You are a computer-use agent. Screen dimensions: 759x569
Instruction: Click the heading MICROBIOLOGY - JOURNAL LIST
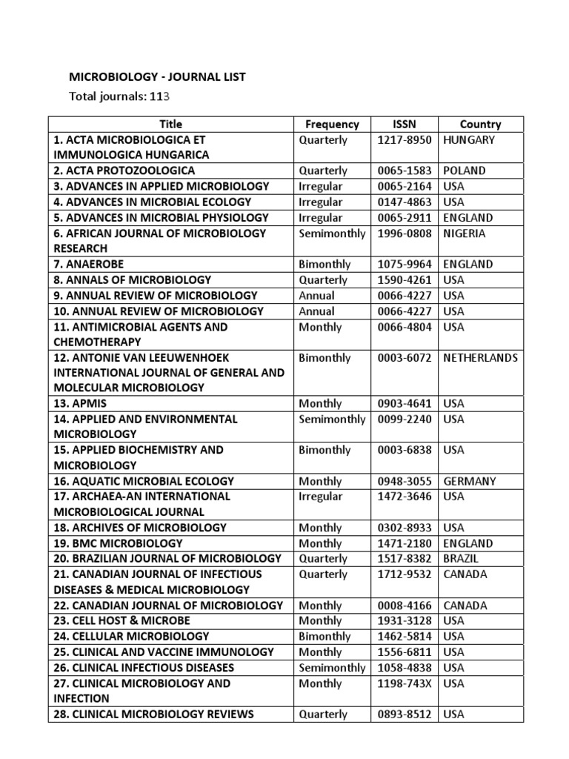pyautogui.click(x=156, y=76)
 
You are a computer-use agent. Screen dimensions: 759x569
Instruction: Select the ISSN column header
pyautogui.click(x=405, y=125)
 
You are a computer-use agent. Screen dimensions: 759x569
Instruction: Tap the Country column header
pyautogui.click(x=480, y=125)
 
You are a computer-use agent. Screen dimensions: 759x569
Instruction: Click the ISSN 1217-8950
pyautogui.click(x=405, y=139)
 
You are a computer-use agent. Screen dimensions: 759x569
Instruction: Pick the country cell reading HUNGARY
pyautogui.click(x=469, y=139)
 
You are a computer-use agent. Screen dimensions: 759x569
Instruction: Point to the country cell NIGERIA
pyautogui.click(x=465, y=233)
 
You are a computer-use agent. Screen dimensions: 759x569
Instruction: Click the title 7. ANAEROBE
pyautogui.click(x=88, y=265)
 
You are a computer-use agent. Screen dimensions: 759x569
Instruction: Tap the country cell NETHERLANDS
pyautogui.click(x=480, y=358)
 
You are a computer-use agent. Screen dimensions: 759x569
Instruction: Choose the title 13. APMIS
pyautogui.click(x=80, y=404)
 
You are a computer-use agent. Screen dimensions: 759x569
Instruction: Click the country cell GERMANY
pyautogui.click(x=470, y=481)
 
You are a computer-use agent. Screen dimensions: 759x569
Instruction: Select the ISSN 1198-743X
pyautogui.click(x=405, y=683)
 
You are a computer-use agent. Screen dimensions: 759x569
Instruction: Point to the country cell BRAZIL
pyautogui.click(x=461, y=558)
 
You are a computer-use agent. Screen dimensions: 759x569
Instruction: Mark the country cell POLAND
pyautogui.click(x=465, y=170)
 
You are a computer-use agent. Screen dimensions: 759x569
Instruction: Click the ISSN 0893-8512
pyautogui.click(x=405, y=715)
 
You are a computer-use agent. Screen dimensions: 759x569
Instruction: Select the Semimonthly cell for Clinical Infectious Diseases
pyautogui.click(x=332, y=668)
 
